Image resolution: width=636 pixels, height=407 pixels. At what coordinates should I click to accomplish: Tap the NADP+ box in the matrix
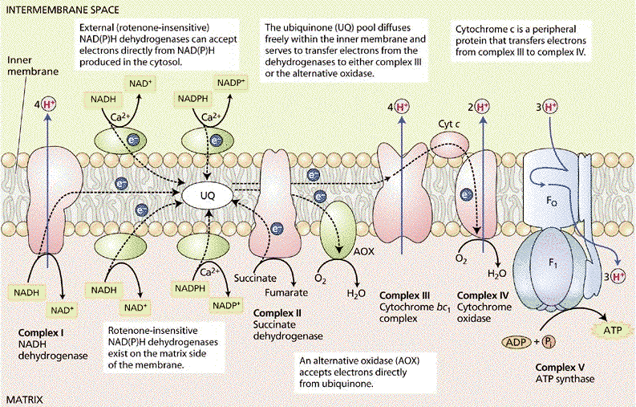tap(227, 304)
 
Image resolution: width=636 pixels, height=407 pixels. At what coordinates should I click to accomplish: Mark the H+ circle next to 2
tap(482, 107)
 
